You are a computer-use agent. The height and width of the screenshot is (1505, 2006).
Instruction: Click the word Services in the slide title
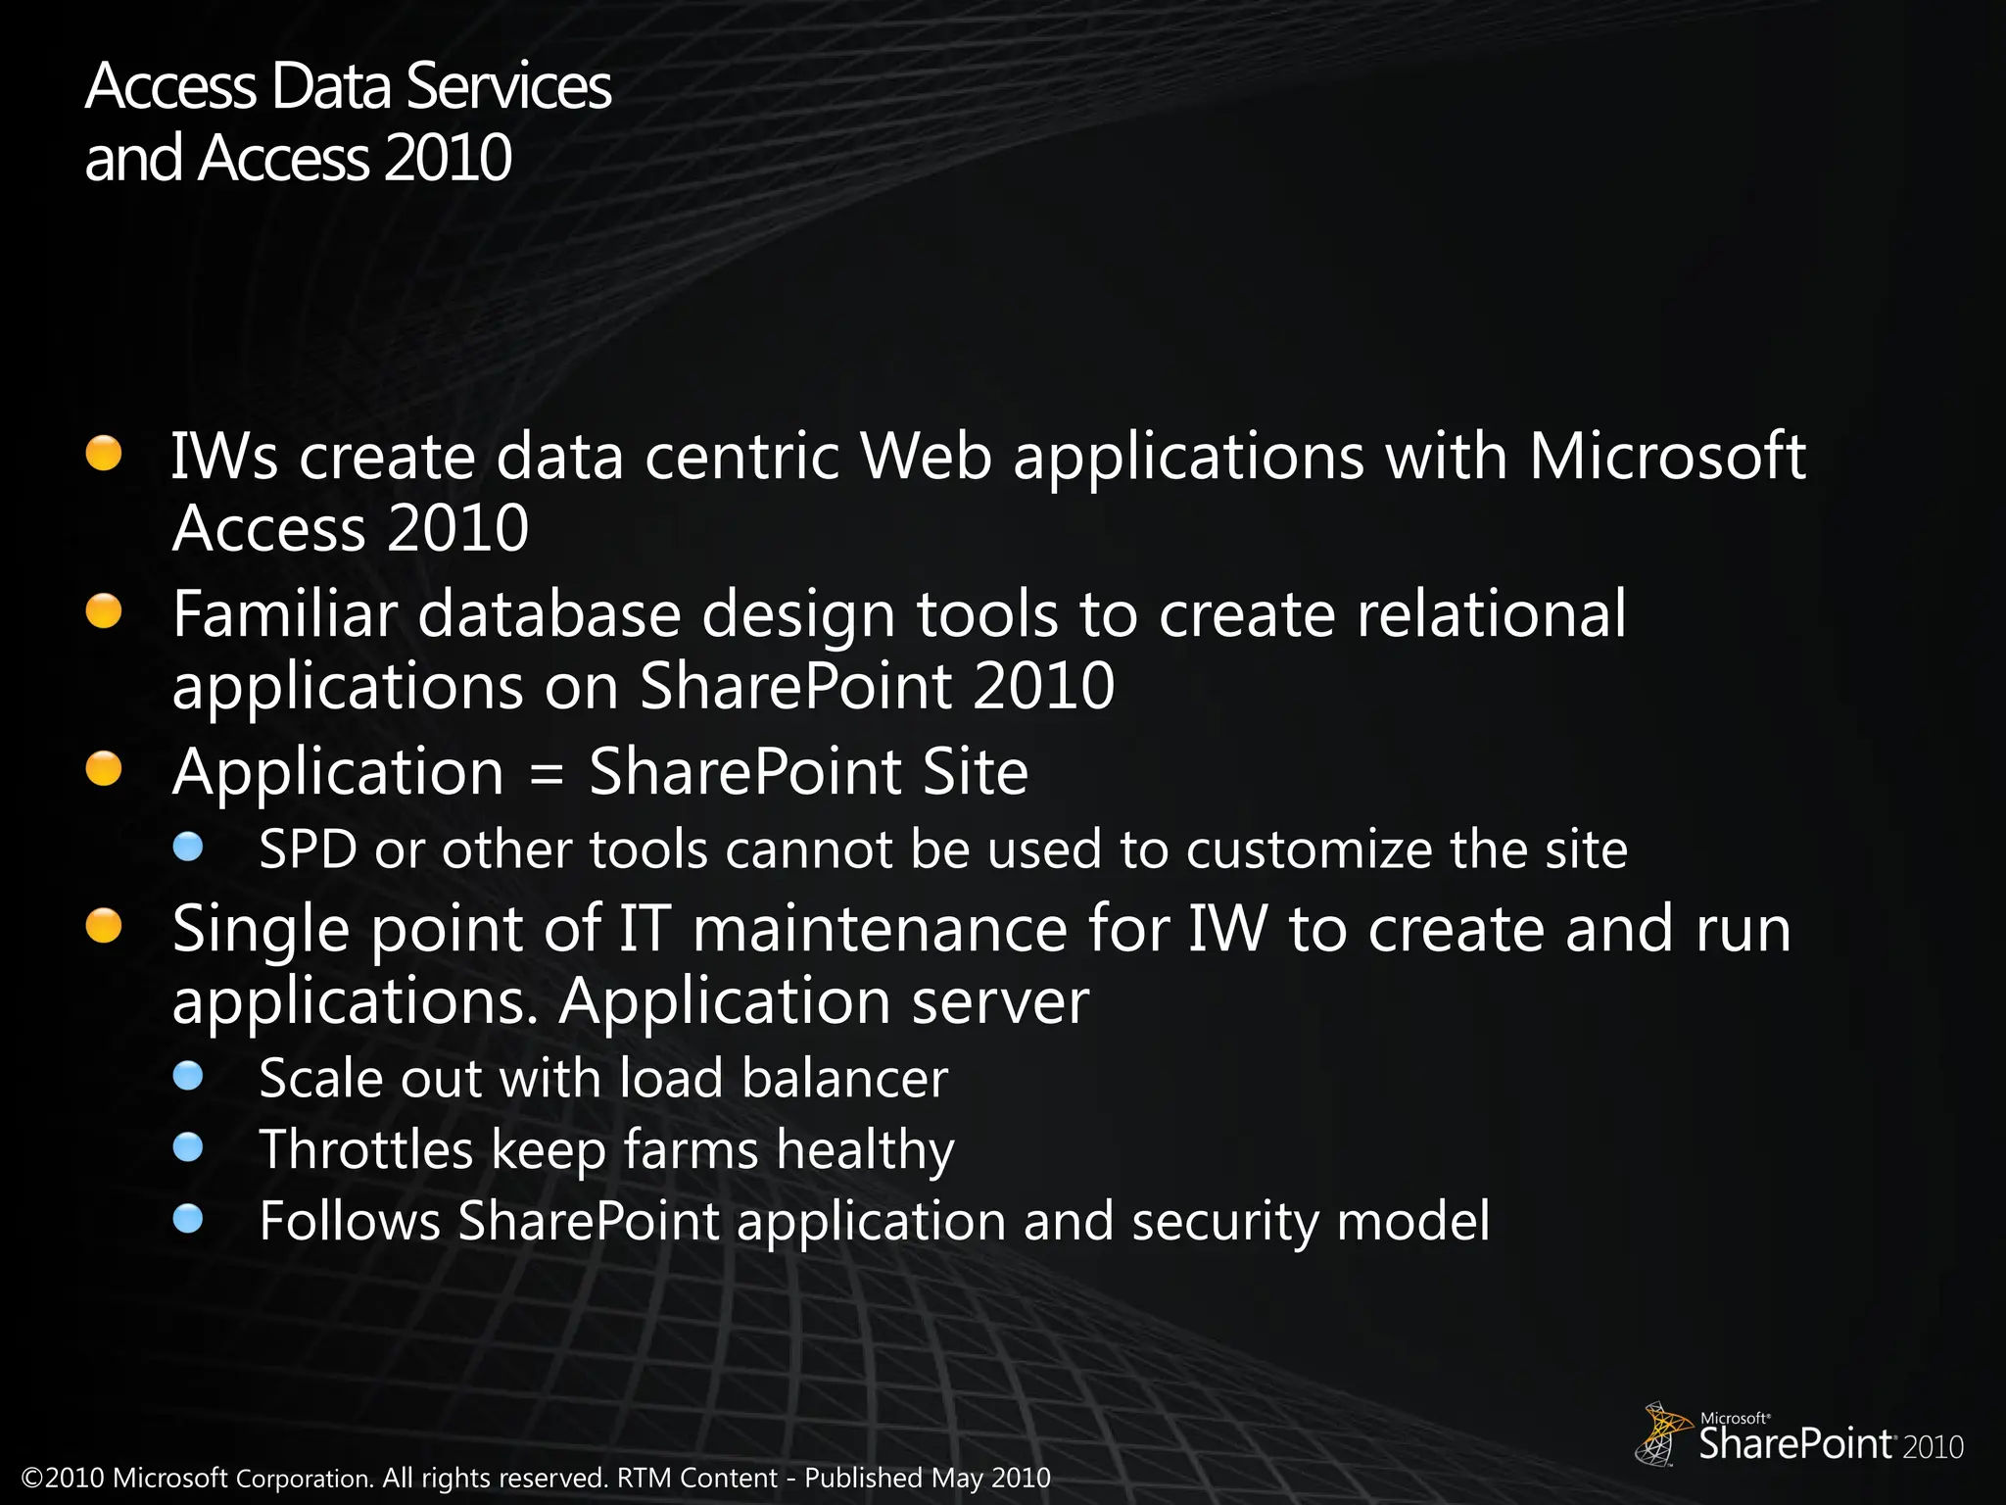click(x=508, y=86)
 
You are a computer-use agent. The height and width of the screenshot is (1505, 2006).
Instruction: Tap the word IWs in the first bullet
click(x=224, y=457)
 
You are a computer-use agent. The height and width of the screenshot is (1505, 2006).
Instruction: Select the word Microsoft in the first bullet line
click(x=1667, y=457)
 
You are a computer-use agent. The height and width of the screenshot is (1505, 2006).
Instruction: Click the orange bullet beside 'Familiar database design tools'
click(x=104, y=612)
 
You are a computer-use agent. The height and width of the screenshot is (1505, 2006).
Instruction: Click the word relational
click(x=1491, y=614)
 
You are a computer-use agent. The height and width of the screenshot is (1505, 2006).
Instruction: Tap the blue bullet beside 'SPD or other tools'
click(x=188, y=847)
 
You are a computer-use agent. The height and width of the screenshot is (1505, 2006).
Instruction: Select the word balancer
click(x=844, y=1079)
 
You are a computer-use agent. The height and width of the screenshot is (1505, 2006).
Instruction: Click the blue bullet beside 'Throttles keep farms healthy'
click(x=188, y=1147)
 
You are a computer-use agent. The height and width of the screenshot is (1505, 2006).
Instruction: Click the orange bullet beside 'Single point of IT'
click(x=104, y=926)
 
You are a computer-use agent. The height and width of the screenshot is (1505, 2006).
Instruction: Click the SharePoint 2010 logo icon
click(x=1662, y=1433)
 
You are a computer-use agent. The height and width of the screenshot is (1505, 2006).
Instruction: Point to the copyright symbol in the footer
click(x=32, y=1478)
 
